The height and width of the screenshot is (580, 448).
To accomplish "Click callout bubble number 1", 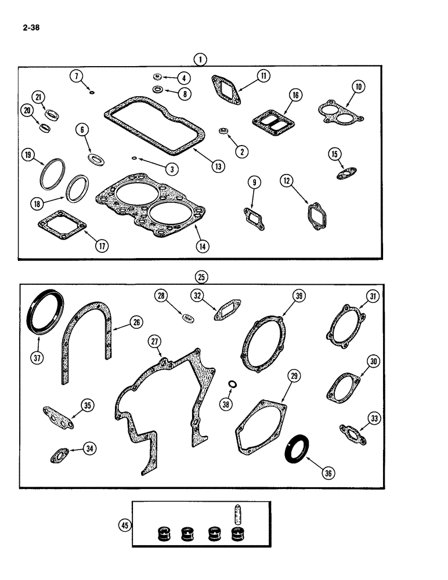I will pos(200,59).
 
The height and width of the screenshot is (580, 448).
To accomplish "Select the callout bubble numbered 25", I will pos(201,277).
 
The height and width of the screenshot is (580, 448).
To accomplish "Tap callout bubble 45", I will pos(124,526).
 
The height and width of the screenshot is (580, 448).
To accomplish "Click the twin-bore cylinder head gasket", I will pos(152,208).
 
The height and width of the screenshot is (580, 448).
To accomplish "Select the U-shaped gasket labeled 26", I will pos(87,342).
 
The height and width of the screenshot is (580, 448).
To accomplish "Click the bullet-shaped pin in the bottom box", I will pos(237,513).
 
